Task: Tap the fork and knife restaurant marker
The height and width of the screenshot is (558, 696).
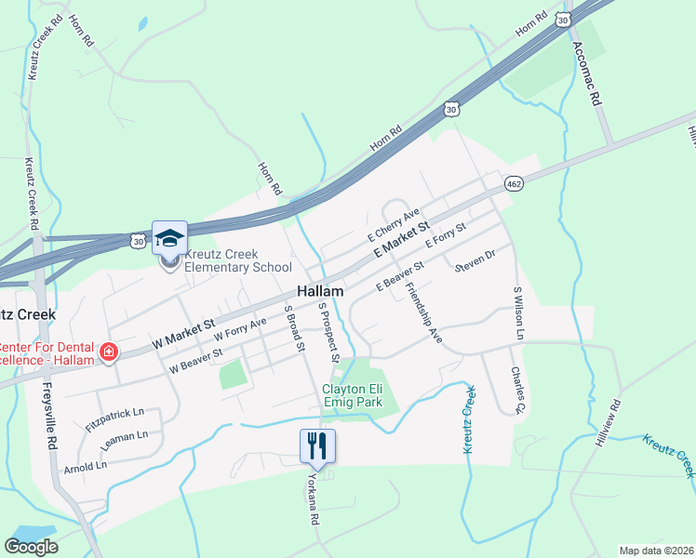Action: tap(317, 447)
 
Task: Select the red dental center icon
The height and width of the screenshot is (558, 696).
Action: tap(109, 352)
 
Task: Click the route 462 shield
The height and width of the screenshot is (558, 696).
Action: tap(514, 184)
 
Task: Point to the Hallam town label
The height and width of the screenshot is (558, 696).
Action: tap(321, 291)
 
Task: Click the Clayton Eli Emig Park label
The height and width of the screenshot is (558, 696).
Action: tap(358, 395)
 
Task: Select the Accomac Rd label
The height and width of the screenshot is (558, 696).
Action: tap(588, 73)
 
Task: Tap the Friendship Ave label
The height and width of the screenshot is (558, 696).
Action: tap(423, 313)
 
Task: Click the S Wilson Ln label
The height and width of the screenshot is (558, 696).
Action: tap(519, 313)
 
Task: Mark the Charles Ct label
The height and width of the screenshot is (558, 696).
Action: tap(518, 388)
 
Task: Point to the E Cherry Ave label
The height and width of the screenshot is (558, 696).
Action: tap(394, 222)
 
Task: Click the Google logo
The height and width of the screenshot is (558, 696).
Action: tap(32, 547)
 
